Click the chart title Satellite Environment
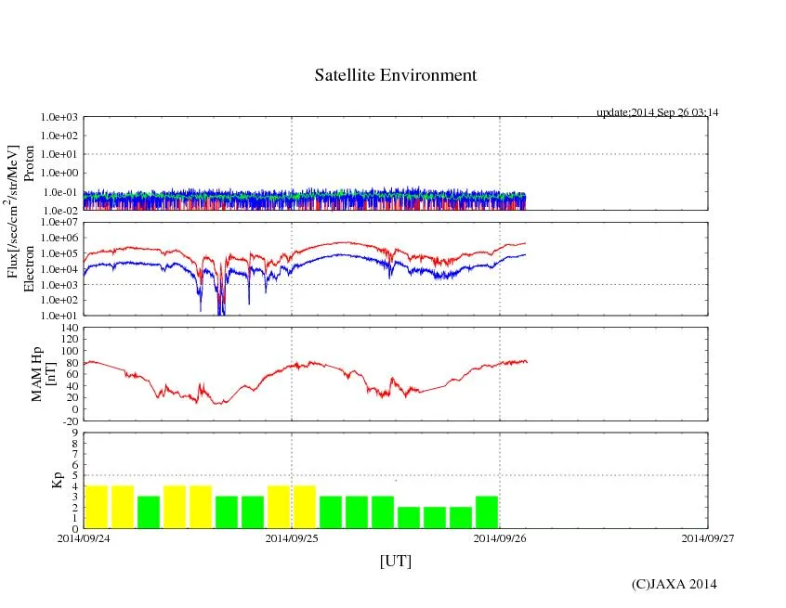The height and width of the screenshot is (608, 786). pos(395,75)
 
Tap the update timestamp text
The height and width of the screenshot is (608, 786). pos(657,112)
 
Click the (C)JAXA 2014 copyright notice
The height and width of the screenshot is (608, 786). pos(674,584)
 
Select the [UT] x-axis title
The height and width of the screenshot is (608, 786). pos(395,561)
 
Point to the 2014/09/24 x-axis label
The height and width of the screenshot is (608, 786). pos(84,537)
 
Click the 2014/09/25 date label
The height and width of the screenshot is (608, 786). pos(292,537)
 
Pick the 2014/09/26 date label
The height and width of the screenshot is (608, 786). pos(500,537)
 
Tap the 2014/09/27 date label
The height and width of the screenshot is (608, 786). pos(708,537)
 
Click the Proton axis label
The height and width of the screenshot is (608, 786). pos(29,163)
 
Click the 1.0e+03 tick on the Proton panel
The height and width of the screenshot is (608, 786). pos(61,118)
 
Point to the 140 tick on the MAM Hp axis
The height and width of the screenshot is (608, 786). pos(69,329)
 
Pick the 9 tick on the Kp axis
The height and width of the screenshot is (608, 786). pos(74,433)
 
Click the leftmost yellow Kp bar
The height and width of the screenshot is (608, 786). pos(97,507)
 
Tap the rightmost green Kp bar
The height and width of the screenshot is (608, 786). pos(487,512)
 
